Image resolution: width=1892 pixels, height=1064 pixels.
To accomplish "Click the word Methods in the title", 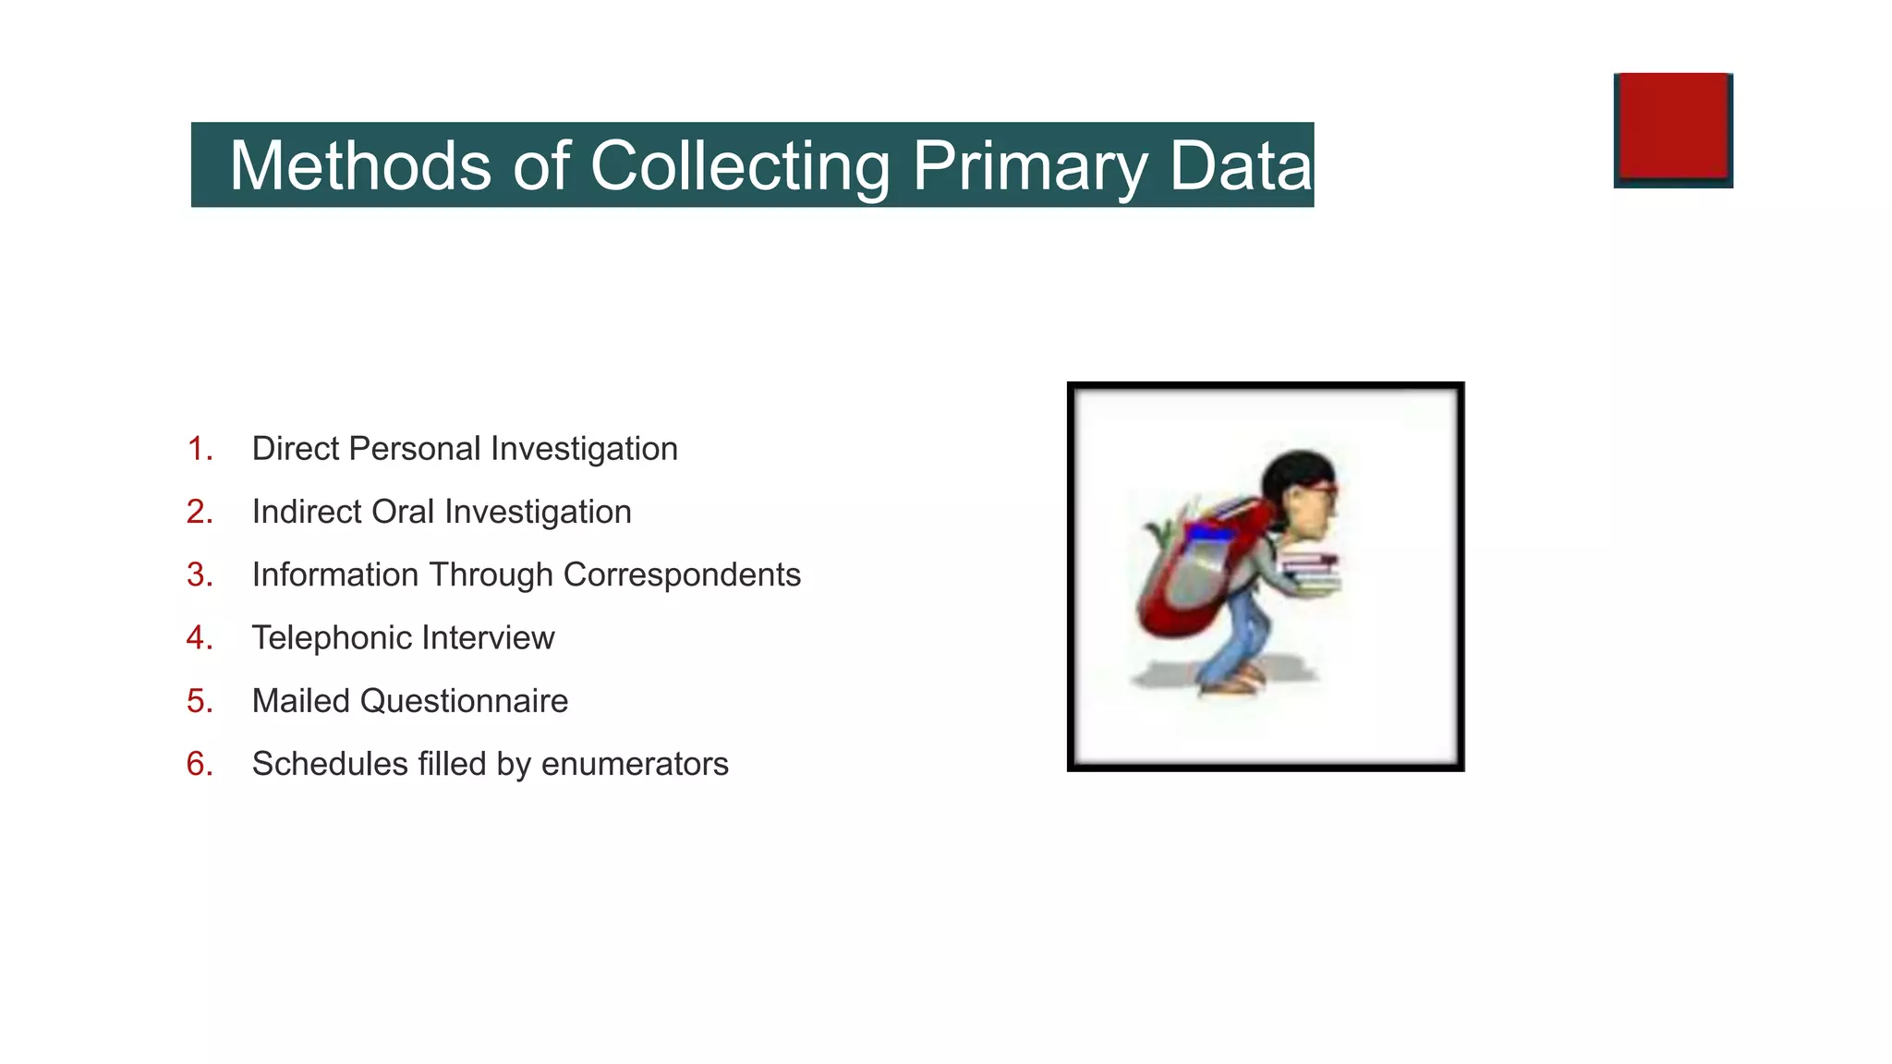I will [360, 166].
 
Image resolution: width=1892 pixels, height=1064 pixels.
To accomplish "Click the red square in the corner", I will [1673, 127].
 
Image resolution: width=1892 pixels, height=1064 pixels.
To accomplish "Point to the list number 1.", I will [200, 449].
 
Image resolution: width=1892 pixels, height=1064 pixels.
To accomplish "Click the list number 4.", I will [200, 638].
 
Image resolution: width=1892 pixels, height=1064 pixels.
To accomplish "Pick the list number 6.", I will [200, 765].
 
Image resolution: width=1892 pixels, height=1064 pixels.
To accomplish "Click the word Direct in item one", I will [295, 449].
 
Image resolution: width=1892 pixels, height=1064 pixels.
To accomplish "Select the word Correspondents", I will [682, 575].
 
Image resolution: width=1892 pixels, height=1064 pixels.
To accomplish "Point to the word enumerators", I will [635, 765].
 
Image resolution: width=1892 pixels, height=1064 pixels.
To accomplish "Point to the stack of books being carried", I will [1310, 573].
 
